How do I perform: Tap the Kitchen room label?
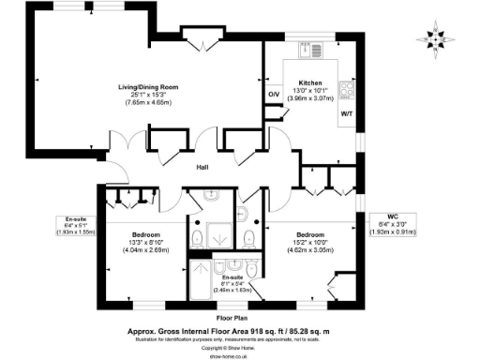point(310,82)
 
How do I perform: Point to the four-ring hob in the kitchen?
point(347,90)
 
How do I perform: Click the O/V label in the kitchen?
point(275,95)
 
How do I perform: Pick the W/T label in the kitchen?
point(346,113)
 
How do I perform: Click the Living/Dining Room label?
point(154,86)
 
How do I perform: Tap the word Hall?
point(202,168)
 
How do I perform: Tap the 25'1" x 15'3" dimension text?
point(154,94)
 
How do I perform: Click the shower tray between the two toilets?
point(221,236)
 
